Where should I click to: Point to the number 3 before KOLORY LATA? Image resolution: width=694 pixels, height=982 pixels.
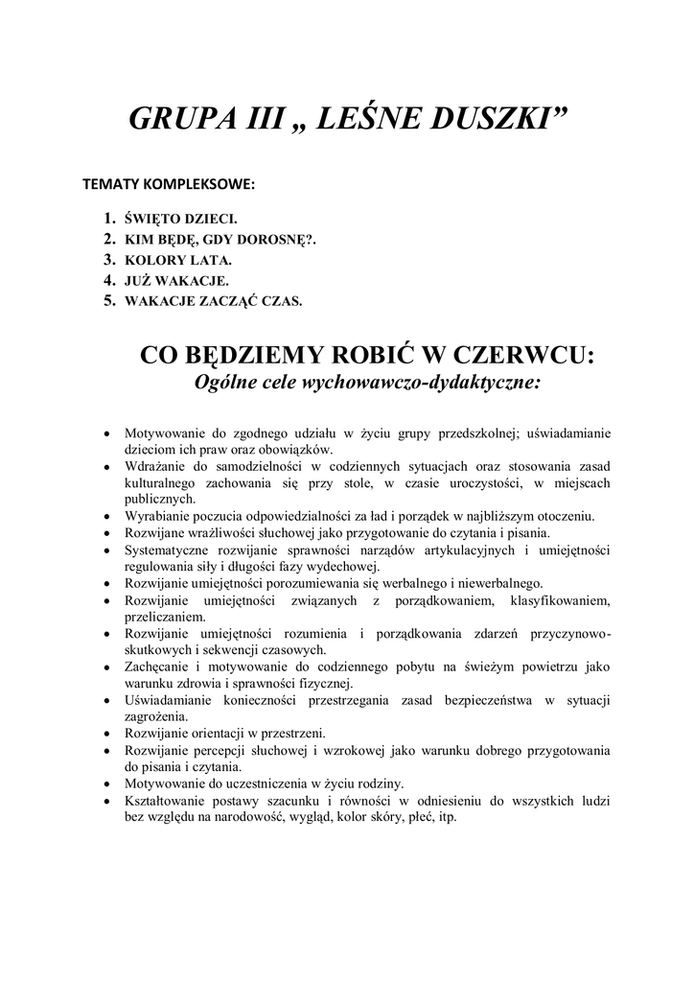pyautogui.click(x=108, y=259)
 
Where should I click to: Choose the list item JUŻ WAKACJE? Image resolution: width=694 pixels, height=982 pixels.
pyautogui.click(x=170, y=280)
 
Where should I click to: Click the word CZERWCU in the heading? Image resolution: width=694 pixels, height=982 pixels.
pyautogui.click(x=519, y=356)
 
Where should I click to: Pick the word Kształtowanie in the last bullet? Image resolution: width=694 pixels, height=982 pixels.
pyautogui.click(x=164, y=801)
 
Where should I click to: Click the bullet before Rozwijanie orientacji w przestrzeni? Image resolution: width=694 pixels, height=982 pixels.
pyautogui.click(x=107, y=734)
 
